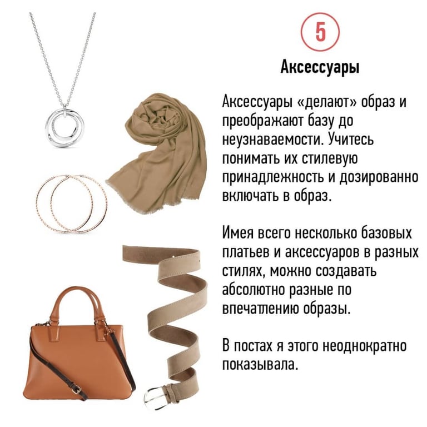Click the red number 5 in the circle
click(320, 32)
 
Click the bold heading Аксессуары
click(320, 67)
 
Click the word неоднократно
click(364, 346)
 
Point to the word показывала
click(259, 364)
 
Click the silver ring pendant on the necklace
click(64, 127)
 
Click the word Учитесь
click(351, 140)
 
